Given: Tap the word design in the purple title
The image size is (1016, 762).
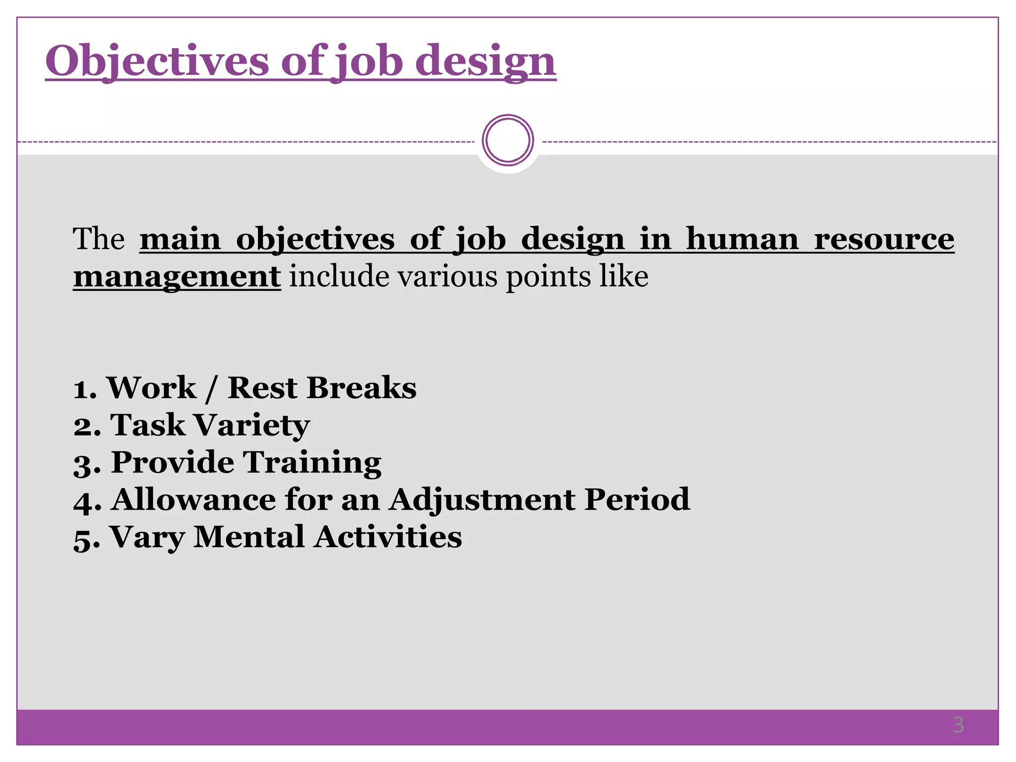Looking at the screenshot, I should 485,62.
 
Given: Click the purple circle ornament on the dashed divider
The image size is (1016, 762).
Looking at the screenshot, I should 508,140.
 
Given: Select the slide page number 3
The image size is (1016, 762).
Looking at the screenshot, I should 958,725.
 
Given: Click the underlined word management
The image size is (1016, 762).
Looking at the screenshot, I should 177,276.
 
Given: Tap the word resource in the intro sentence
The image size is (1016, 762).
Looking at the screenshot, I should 884,239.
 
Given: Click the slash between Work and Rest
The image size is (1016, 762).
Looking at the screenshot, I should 211,388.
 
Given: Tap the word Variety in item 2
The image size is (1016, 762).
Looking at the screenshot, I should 252,425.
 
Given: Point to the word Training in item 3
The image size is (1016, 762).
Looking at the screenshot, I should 313,462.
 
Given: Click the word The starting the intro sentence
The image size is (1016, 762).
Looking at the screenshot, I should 98,239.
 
